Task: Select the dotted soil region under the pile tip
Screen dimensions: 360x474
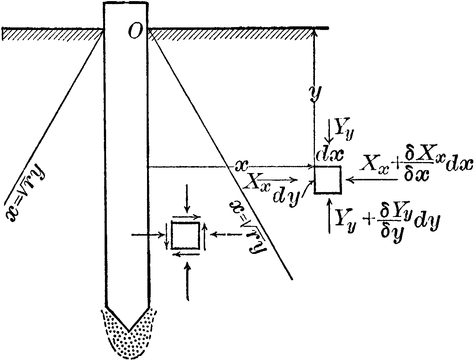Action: (x=128, y=340)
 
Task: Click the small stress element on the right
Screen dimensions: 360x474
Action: (x=328, y=180)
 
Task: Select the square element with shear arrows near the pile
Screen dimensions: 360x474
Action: (x=185, y=235)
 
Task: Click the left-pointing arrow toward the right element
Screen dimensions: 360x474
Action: (x=373, y=180)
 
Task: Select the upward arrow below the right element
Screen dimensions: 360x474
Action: (x=330, y=215)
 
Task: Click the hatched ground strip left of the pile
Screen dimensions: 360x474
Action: (x=51, y=34)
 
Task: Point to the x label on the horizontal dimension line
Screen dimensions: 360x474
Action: (x=242, y=166)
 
